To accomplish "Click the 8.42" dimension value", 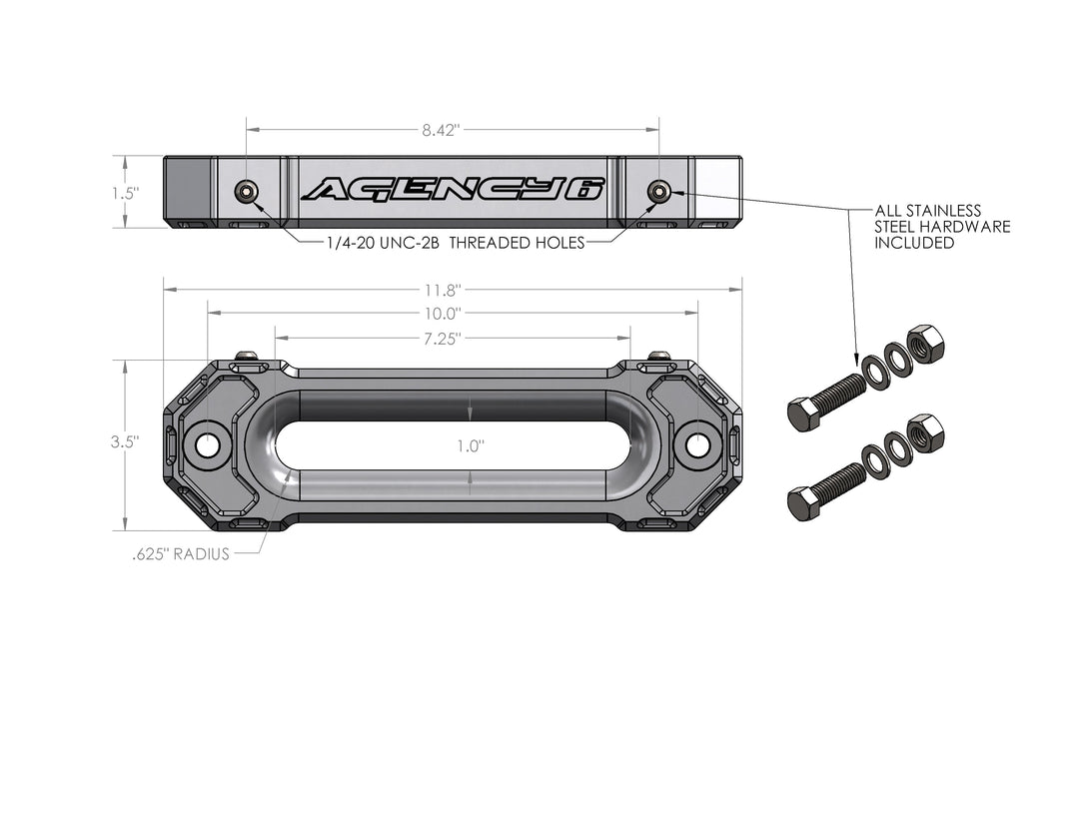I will click(x=441, y=129).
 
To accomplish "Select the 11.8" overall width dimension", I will click(x=441, y=291).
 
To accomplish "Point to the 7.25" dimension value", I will click(x=441, y=339).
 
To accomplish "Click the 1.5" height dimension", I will click(x=125, y=193).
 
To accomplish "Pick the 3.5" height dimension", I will click(x=125, y=440).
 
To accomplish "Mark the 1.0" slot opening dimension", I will click(x=470, y=446).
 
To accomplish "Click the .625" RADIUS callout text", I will click(x=181, y=554).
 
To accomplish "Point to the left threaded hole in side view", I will click(x=245, y=191).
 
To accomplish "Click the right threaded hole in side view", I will click(x=658, y=191).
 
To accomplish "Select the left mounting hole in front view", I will click(x=207, y=444).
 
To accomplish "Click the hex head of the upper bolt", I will click(x=803, y=414).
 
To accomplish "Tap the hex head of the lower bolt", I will click(x=803, y=503).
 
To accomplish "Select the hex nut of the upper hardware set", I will click(x=926, y=344).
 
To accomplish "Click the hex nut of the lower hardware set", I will click(x=926, y=433).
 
